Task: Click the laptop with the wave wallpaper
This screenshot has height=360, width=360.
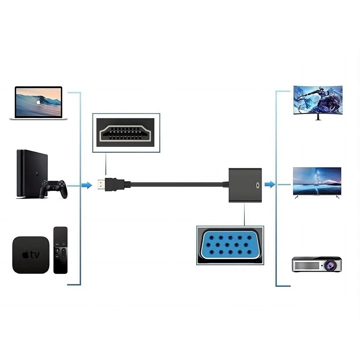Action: click(x=39, y=103)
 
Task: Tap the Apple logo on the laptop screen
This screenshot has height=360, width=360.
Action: click(x=39, y=102)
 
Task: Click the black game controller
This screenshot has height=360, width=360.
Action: click(x=53, y=188)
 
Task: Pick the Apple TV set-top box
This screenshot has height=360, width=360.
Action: click(x=31, y=255)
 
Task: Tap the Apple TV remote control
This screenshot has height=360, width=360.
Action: click(x=60, y=250)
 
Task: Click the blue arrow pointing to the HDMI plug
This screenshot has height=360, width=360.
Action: click(x=86, y=185)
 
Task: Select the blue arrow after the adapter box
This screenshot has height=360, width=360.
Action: click(x=270, y=184)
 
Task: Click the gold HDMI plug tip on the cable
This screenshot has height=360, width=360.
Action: click(x=101, y=185)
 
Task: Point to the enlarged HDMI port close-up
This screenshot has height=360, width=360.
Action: click(x=126, y=132)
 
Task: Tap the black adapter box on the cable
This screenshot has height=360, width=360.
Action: click(x=246, y=184)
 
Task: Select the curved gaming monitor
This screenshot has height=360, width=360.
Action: click(x=318, y=100)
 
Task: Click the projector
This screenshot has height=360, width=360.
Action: click(x=316, y=264)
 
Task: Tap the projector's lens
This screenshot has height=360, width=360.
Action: click(x=330, y=266)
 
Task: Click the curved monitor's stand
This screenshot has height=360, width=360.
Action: click(x=318, y=117)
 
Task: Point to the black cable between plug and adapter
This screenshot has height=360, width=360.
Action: click(x=176, y=184)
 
